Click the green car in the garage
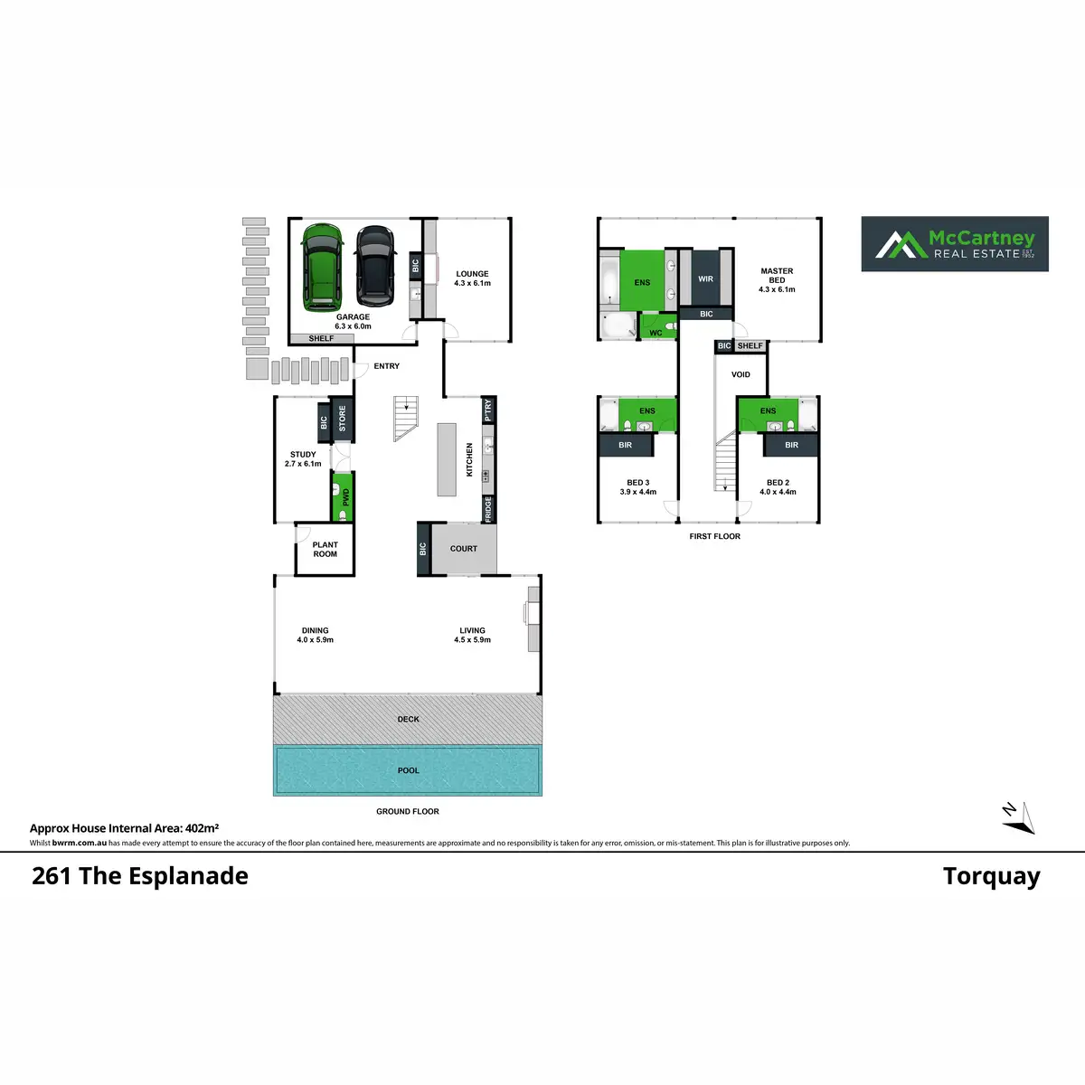(x=322, y=266)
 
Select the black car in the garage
(x=375, y=266)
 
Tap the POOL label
(x=409, y=770)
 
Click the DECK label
(x=409, y=720)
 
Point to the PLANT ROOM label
(x=325, y=550)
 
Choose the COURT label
(x=464, y=549)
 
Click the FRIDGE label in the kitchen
(x=489, y=508)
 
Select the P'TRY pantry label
(x=489, y=410)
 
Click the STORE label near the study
(x=343, y=419)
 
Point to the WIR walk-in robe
(x=706, y=278)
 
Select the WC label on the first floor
(x=656, y=333)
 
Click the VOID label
(x=741, y=374)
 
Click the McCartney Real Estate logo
(x=955, y=244)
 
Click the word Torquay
(x=991, y=876)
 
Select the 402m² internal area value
(x=202, y=827)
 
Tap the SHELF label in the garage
(x=321, y=339)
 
